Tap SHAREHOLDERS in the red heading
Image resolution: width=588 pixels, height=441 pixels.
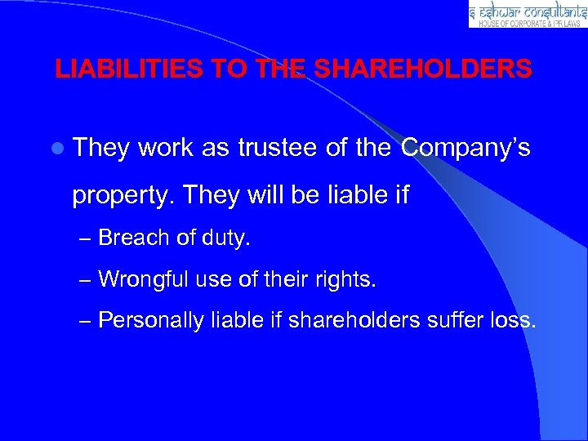[x=423, y=69]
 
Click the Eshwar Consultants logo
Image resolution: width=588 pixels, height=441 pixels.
[x=528, y=14]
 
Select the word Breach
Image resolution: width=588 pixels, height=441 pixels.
[x=133, y=238]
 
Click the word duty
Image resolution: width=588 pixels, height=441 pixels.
[x=229, y=238]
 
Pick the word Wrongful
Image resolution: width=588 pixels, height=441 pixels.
[x=142, y=279]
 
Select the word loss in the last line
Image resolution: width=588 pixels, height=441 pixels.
[x=513, y=320]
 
